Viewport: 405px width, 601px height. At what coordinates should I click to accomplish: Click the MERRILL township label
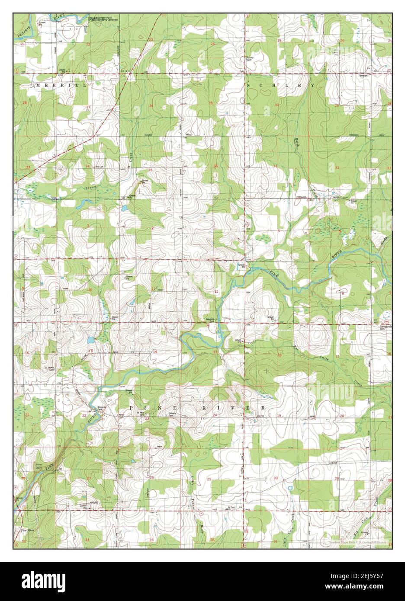(63, 86)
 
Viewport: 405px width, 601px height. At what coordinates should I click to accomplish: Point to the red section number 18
(280, 355)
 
